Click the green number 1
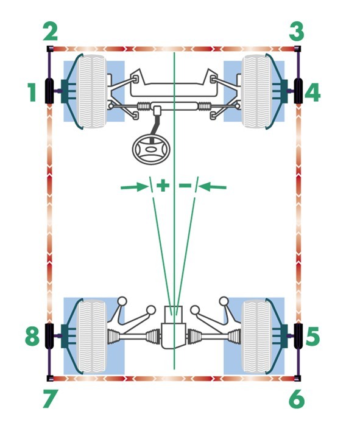coord(32,92)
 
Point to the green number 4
coord(312,92)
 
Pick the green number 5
coord(312,337)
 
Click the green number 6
coord(297,399)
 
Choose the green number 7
coord(51,399)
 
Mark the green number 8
coord(32,337)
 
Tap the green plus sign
coord(163,186)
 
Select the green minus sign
coord(185,186)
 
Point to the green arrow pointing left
coord(213,187)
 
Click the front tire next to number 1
coord(91,92)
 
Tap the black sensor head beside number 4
coord(298,91)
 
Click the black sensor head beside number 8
coord(49,336)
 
